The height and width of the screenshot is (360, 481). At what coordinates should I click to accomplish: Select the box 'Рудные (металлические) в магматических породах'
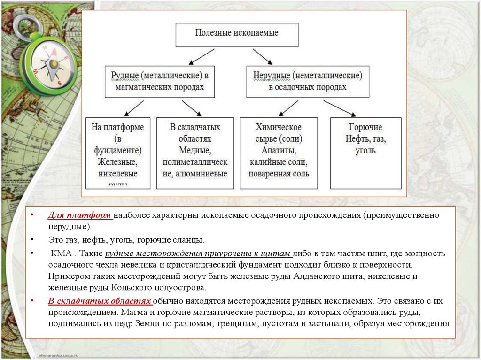click(160, 81)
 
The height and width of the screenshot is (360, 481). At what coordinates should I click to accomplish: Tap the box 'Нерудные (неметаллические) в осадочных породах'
click(308, 81)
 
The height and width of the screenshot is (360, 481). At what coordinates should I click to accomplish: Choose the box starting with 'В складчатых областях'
click(195, 153)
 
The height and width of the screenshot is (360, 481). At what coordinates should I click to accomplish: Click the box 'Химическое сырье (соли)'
click(279, 153)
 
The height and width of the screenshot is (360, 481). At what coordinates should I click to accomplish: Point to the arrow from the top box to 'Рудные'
click(203, 56)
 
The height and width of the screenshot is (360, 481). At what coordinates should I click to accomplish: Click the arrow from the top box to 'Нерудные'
click(262, 56)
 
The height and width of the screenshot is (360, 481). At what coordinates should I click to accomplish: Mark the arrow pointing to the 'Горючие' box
click(339, 107)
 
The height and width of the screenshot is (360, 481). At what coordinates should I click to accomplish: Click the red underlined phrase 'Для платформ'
click(79, 215)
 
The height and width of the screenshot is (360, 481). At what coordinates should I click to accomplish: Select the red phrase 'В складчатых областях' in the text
click(99, 301)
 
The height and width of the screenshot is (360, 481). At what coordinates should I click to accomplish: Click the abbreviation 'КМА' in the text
click(61, 253)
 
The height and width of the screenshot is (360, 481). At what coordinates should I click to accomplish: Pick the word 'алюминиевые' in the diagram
click(207, 174)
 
